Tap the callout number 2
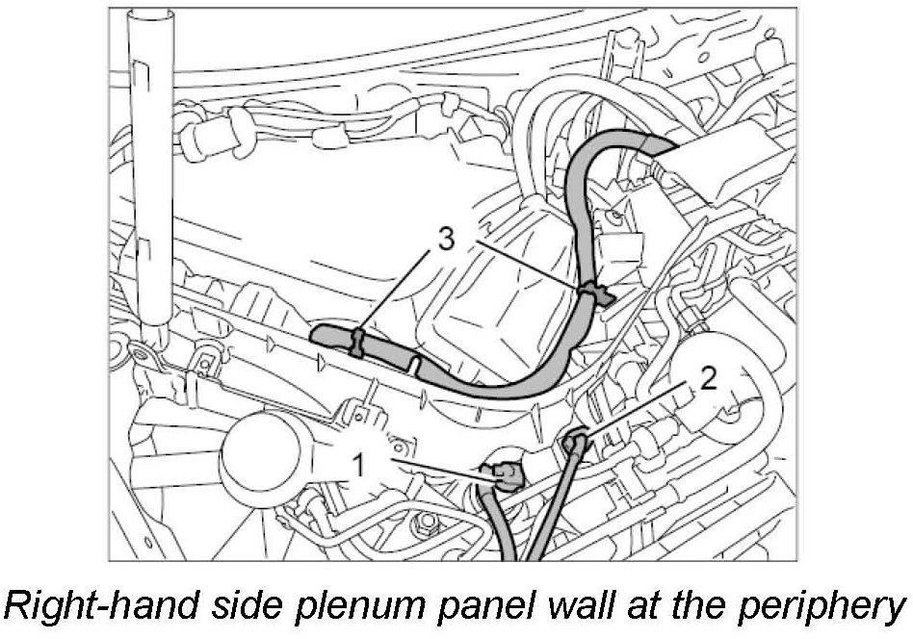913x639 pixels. tap(708, 379)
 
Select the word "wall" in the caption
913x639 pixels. tap(602, 605)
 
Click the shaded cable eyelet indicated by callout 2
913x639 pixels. tap(574, 443)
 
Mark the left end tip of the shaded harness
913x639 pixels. tap(317, 337)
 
